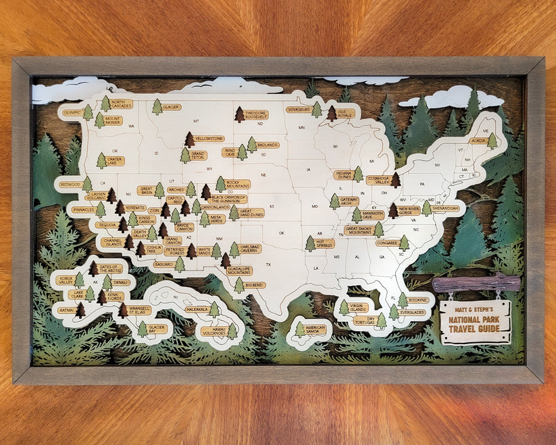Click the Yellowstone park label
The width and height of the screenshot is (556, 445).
[x=209, y=139]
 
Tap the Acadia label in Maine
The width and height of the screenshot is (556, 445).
[x=478, y=141]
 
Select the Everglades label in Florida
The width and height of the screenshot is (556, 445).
[x=412, y=312]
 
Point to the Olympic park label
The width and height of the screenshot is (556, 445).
[x=72, y=113]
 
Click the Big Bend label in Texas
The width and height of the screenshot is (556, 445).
[x=255, y=285]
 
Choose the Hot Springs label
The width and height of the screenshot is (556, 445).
[x=324, y=243]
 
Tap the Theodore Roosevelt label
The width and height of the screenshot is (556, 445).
[x=256, y=114]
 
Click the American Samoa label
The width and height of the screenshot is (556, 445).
[x=315, y=330]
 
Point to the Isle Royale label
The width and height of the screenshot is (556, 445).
[x=346, y=112]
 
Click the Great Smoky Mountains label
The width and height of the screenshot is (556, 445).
[x=360, y=230]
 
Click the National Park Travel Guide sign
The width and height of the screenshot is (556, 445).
[x=475, y=322]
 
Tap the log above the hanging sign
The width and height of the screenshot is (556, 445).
[x=476, y=283]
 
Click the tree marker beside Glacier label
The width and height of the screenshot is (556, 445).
[x=157, y=107]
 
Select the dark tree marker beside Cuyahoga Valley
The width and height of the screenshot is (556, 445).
[x=395, y=179]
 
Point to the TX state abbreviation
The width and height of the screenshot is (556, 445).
[x=268, y=263]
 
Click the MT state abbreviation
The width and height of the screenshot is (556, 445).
[x=197, y=121]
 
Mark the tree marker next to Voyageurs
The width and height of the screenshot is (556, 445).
[x=316, y=109]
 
